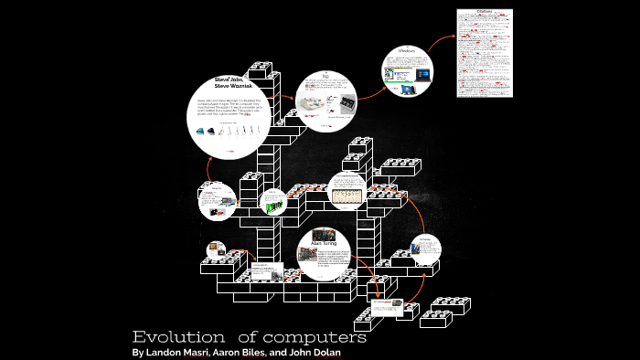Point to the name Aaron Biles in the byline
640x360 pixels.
242,353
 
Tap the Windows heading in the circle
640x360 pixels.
407,51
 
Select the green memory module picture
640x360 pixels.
272,206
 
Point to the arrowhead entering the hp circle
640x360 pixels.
290,94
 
